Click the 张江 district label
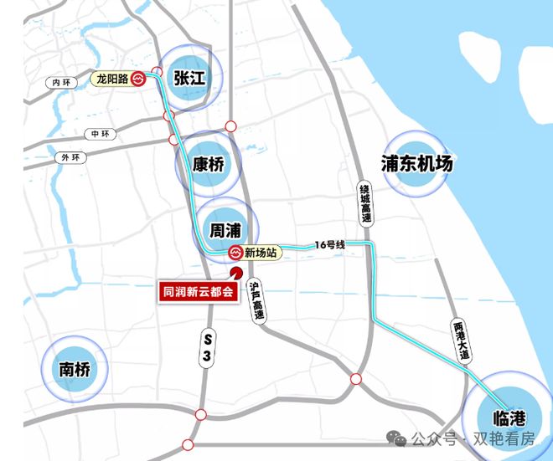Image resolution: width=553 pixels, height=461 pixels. coord(189,78)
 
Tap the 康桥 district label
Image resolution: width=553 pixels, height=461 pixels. coord(209,164)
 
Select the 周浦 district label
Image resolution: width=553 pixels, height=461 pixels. coord(226,228)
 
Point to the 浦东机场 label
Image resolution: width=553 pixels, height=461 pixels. coord(416,164)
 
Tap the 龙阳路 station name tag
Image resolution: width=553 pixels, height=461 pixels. coord(111,79)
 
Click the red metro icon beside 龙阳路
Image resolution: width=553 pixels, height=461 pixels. coord(139,79)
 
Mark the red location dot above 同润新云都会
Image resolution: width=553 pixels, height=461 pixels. coord(236,273)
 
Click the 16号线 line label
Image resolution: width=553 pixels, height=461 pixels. coord(330,244)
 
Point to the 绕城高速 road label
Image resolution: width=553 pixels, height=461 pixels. coord(364,204)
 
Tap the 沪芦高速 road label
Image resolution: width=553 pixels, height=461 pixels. coord(258,301)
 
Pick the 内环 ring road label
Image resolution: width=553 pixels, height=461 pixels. coord(62,82)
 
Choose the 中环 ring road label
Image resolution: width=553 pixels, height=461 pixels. coord(101,134)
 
